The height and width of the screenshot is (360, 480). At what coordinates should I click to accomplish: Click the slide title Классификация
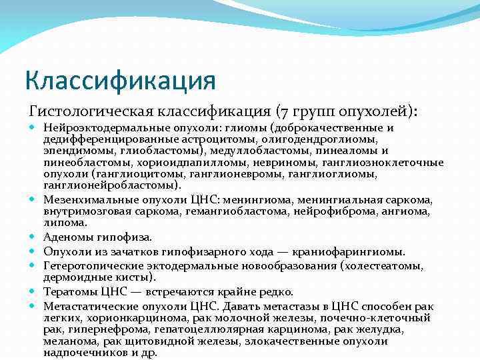click(121, 81)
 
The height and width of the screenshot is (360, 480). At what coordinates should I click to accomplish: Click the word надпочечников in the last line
click(81, 353)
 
